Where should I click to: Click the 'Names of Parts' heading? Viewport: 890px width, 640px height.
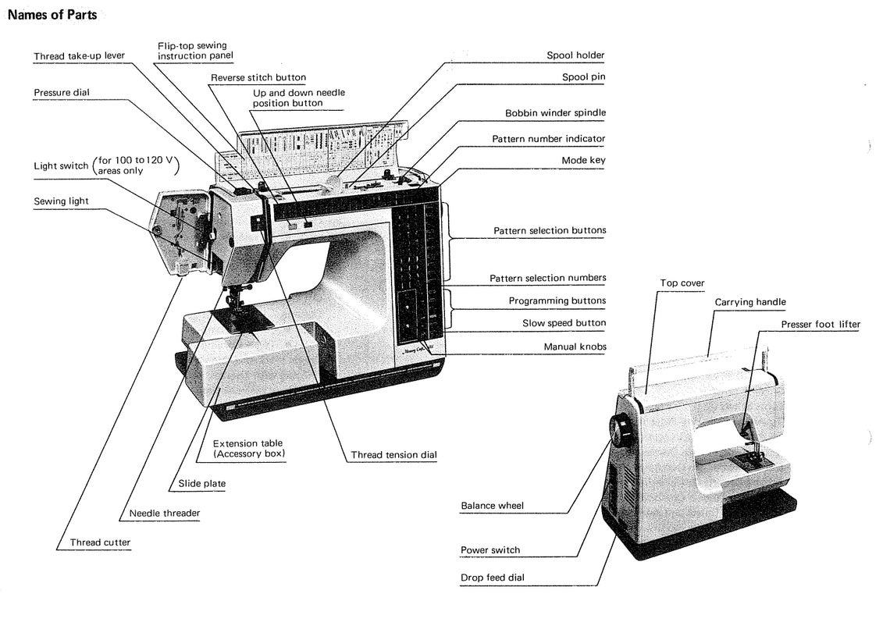click(52, 15)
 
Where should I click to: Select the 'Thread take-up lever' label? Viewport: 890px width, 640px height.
click(79, 55)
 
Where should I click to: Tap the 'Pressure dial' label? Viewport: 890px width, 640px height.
click(62, 92)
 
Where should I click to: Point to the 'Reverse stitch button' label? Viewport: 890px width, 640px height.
click(258, 77)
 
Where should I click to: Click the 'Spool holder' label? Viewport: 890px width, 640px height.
click(575, 55)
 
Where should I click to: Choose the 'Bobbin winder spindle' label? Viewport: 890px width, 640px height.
click(555, 113)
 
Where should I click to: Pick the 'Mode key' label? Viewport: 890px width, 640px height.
click(583, 160)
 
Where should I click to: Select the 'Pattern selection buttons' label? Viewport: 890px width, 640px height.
click(550, 230)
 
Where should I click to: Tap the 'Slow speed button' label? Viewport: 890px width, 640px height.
click(564, 323)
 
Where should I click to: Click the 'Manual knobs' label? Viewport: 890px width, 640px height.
click(575, 347)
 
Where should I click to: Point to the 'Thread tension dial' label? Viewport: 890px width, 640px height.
click(393, 454)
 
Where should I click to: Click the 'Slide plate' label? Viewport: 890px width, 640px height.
click(201, 483)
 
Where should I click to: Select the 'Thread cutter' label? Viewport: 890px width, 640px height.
click(100, 542)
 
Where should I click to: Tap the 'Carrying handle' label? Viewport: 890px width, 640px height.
click(749, 302)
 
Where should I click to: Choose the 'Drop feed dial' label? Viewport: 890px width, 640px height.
click(492, 578)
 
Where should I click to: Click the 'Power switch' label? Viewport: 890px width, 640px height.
click(489, 549)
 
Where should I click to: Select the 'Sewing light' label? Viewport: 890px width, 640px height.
click(61, 201)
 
